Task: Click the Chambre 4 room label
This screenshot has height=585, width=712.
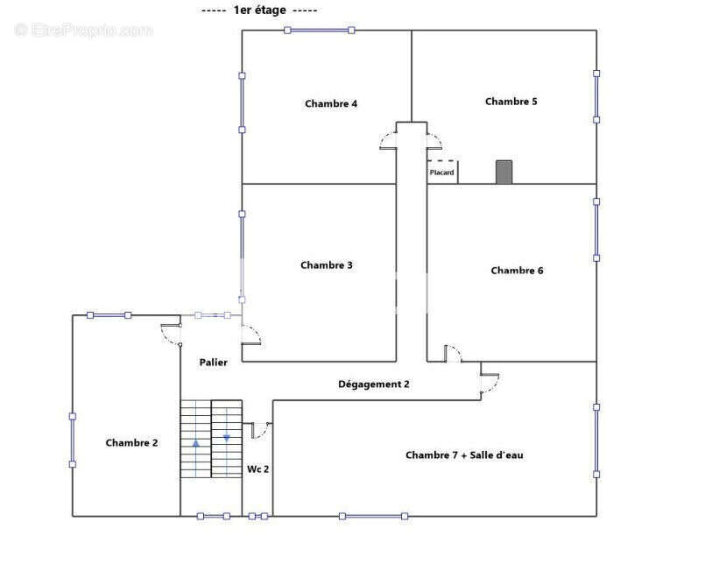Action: (331, 103)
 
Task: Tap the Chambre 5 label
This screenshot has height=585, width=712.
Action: (511, 102)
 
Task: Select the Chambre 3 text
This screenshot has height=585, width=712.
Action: (327, 265)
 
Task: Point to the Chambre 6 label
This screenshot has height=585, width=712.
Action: (517, 271)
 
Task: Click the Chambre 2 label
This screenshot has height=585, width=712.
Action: (131, 443)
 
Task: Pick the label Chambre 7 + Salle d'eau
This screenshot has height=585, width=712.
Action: (464, 455)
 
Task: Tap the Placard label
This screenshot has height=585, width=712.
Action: (441, 173)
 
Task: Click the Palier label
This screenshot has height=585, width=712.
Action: (214, 363)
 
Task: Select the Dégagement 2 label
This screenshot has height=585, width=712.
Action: (374, 384)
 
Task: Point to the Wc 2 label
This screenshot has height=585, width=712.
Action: (257, 469)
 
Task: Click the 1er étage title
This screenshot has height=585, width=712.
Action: (259, 10)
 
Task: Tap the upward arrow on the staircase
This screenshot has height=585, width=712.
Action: (195, 442)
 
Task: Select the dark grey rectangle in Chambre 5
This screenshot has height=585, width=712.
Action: (504, 172)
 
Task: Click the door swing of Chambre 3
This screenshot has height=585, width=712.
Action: (251, 335)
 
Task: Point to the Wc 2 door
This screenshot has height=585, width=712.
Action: (259, 429)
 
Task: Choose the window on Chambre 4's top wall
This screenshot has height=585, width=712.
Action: (319, 30)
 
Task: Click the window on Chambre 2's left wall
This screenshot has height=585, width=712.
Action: (73, 440)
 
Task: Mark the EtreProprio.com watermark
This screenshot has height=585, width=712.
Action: (84, 30)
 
